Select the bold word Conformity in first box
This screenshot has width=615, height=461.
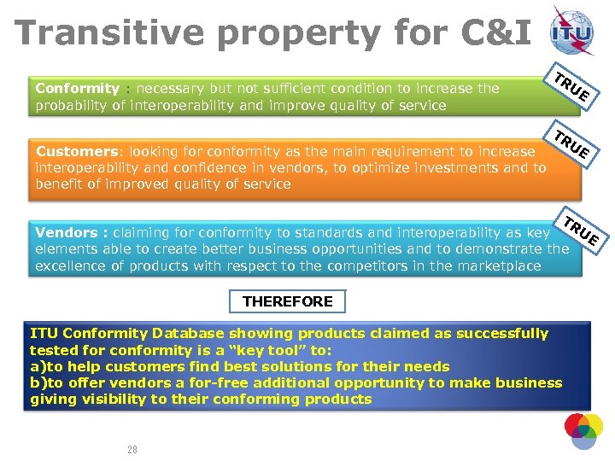[x=77, y=88]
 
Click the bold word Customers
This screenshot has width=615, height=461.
[x=75, y=151]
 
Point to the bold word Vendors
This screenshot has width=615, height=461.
[x=66, y=232]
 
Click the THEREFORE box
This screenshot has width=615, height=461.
[x=288, y=301]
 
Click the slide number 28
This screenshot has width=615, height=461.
[x=132, y=450]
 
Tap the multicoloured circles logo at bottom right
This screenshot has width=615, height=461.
[x=583, y=431]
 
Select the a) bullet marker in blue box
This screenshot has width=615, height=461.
[x=38, y=366]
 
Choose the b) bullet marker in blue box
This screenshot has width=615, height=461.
[x=38, y=382]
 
